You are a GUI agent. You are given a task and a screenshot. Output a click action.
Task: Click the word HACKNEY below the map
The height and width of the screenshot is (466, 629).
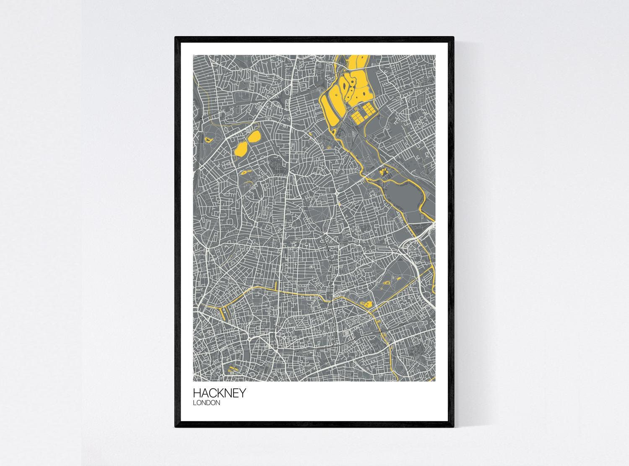pyautogui.click(x=219, y=393)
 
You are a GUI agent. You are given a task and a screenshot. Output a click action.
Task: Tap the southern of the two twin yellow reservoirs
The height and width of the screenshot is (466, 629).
pyautogui.click(x=242, y=149)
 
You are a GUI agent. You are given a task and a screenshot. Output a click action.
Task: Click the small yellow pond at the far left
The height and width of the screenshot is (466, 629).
pyautogui.click(x=208, y=139)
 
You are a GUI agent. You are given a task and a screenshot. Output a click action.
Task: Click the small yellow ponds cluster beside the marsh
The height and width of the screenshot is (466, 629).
pyautogui.click(x=383, y=171)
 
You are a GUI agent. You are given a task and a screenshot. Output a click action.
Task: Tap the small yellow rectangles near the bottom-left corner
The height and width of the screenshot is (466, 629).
pyautogui.click(x=231, y=369)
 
